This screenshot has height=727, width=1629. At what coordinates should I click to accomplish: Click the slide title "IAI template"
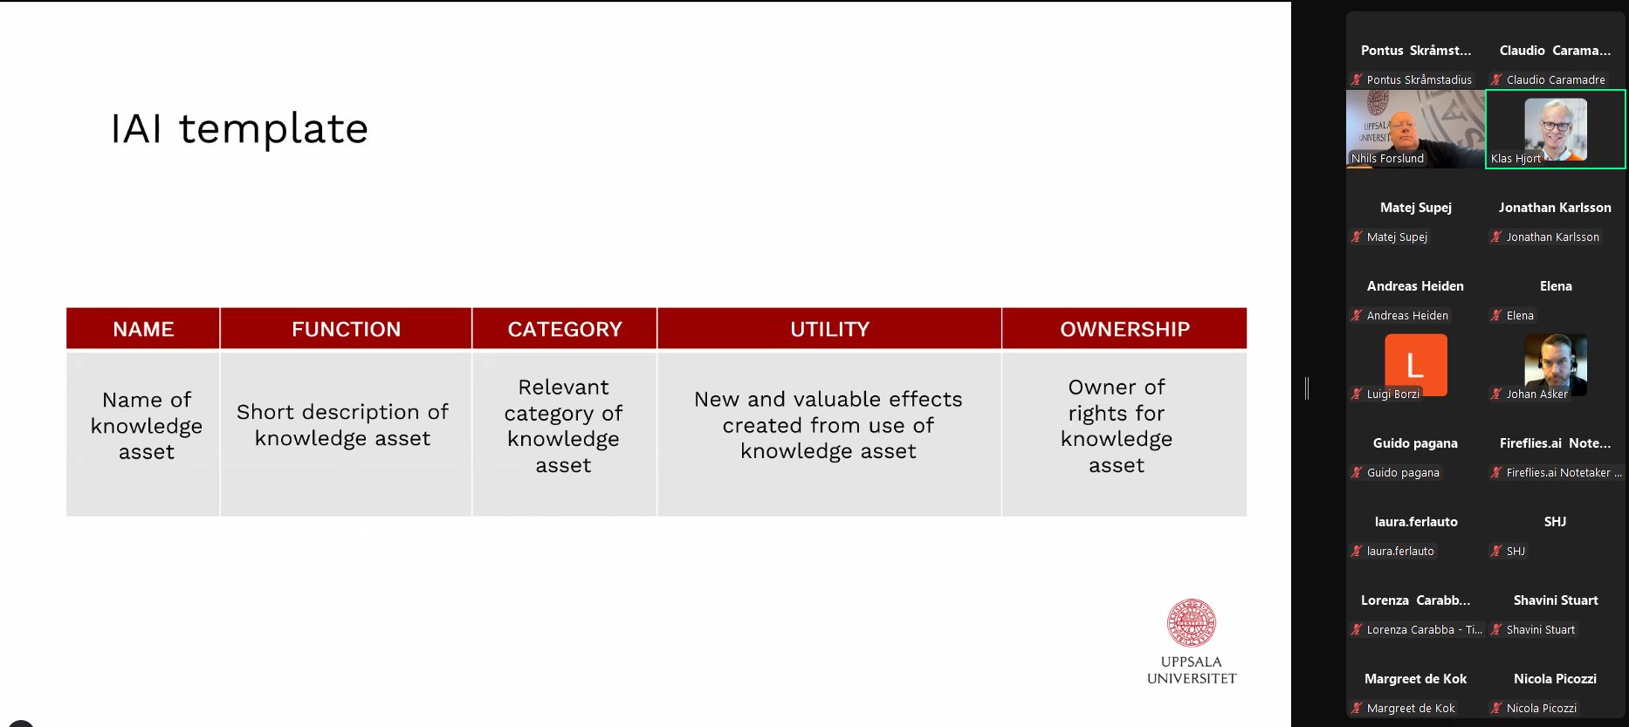coord(239,129)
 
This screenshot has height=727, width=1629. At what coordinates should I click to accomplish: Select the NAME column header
coord(143,329)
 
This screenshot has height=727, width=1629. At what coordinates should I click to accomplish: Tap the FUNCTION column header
coord(346,329)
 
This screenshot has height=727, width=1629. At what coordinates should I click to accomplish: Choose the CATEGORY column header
coord(565,329)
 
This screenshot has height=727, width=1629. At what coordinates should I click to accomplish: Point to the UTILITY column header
coord(829,329)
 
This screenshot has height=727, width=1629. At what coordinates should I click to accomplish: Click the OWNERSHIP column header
coord(1124,329)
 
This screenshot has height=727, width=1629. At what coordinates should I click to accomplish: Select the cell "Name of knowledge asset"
coord(143,434)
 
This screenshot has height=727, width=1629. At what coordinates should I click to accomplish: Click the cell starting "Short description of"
coord(346,434)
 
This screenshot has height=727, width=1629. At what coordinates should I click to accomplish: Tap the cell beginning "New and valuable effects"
coord(829,434)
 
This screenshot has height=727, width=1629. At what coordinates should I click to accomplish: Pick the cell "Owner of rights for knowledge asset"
coord(1124,434)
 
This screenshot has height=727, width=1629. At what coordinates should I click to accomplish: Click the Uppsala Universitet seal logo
coord(1192,623)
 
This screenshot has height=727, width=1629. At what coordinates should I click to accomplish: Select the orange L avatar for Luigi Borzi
coord(1416,365)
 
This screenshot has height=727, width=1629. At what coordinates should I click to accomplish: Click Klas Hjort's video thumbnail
coord(1556,129)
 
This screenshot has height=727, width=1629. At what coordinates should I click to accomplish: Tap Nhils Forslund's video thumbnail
coord(1415,129)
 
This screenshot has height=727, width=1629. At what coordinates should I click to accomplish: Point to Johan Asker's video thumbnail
coord(1556,365)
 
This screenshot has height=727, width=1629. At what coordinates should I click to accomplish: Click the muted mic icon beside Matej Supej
coord(1357,237)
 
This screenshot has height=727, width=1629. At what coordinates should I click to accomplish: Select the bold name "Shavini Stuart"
coord(1556,600)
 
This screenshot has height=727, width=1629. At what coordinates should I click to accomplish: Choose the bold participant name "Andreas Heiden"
coord(1415,286)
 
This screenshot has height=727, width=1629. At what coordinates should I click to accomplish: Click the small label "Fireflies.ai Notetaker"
coord(1558,472)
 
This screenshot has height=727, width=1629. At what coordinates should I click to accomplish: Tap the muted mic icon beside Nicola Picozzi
coord(1496,708)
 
